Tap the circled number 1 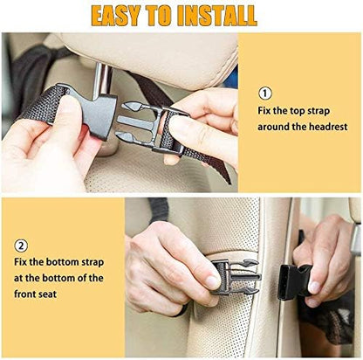265,93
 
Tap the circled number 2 21,246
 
